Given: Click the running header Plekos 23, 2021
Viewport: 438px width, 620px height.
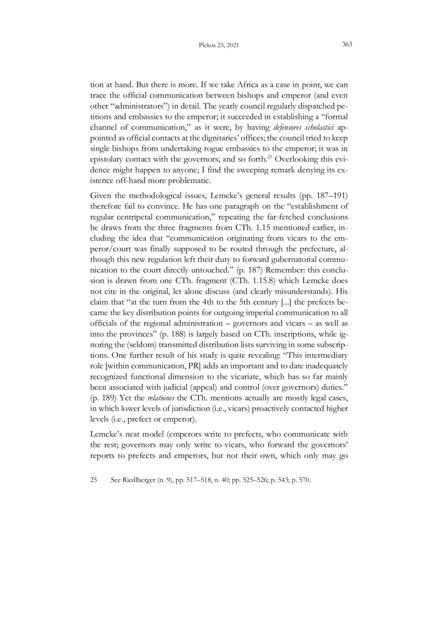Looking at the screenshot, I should (x=219, y=45).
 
